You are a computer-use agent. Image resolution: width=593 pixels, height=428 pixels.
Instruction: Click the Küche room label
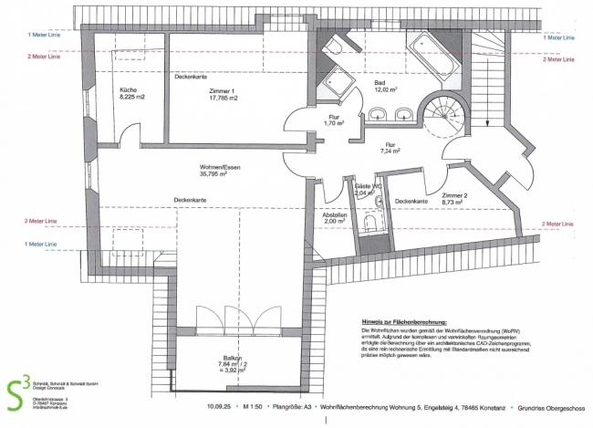[x=126, y=90]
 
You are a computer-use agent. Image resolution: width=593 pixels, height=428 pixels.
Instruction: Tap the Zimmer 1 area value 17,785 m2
[x=221, y=99]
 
